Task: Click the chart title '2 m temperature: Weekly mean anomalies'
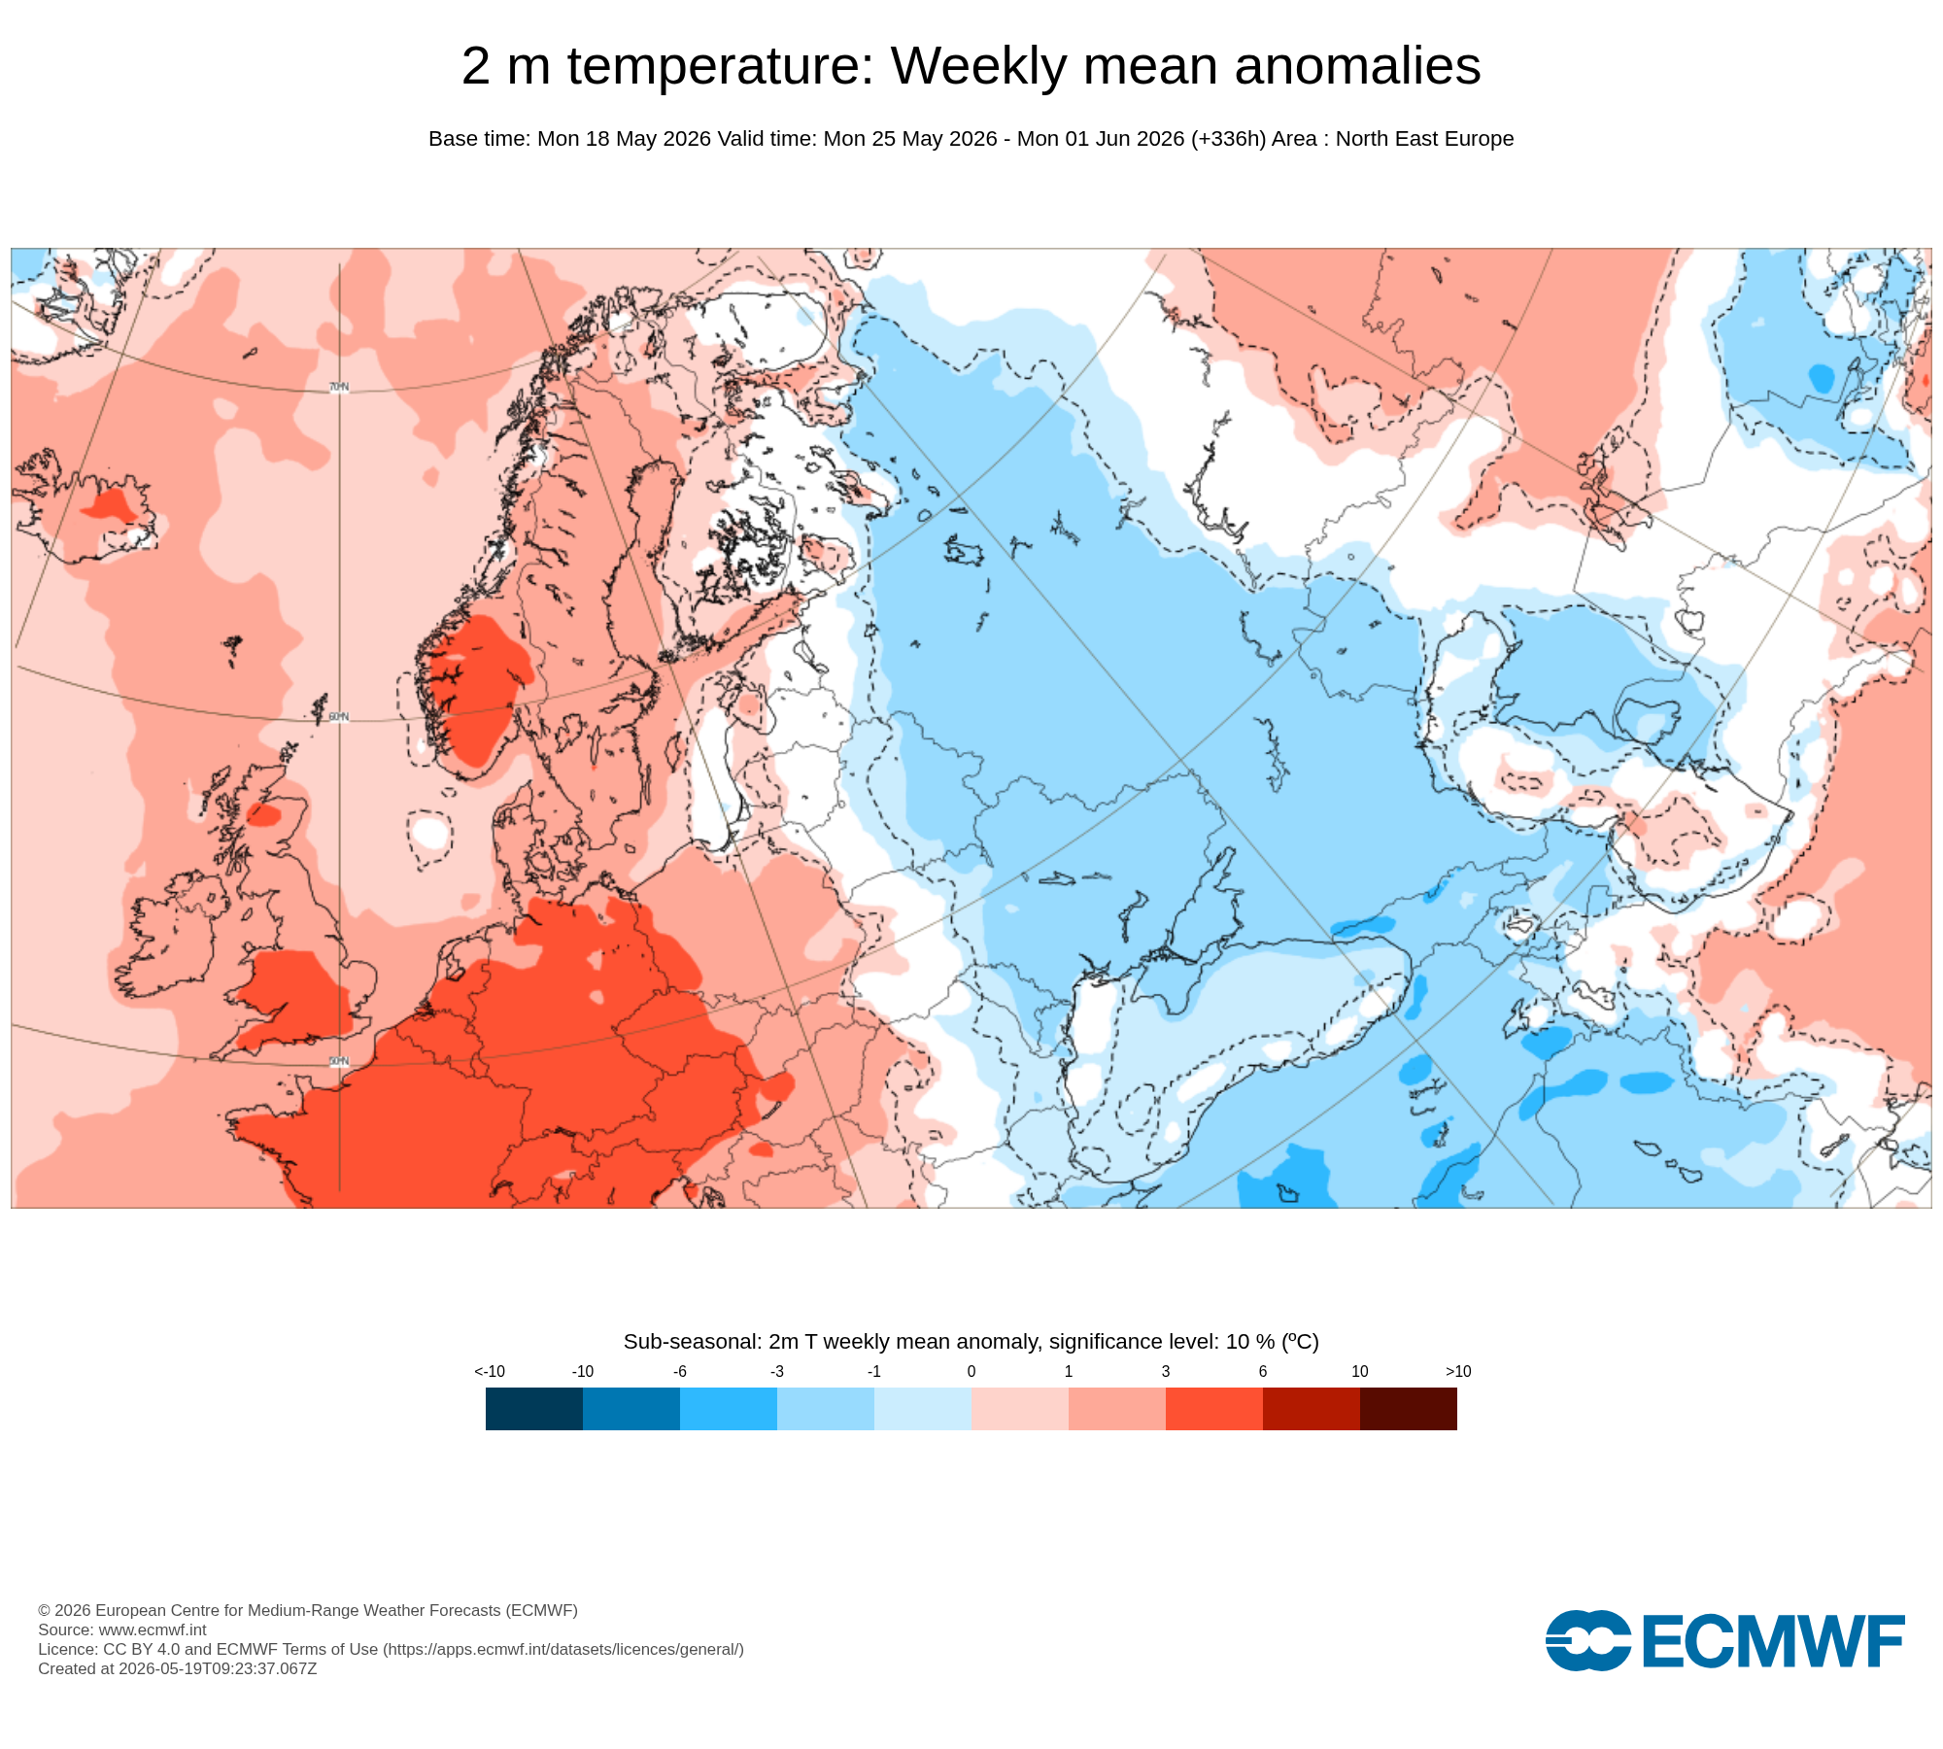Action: (971, 66)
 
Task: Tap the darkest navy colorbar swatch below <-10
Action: (534, 1408)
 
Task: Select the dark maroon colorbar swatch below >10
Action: (1409, 1408)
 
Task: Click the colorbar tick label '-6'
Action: (680, 1371)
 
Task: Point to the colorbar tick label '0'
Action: (971, 1371)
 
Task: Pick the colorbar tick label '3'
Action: (1166, 1371)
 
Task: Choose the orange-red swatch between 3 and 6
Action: (1214, 1408)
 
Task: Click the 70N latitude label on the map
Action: (338, 388)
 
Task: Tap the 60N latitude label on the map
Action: (338, 717)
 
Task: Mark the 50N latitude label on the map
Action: (338, 1061)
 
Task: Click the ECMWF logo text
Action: (1773, 1641)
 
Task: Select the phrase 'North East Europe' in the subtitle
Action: (1424, 139)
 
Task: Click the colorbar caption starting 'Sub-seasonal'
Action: (971, 1342)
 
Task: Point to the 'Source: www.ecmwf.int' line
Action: (122, 1629)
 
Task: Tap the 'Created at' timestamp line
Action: (178, 1668)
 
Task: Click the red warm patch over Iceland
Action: (109, 505)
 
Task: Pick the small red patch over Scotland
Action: (262, 814)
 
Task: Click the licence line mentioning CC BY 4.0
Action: (391, 1649)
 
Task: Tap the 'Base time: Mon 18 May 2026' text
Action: (570, 139)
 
